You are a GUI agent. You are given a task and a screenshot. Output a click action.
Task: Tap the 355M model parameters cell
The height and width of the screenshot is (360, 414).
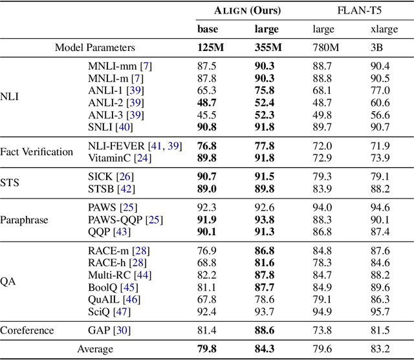point(267,47)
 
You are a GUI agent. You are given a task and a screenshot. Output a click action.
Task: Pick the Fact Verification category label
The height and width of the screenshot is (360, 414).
point(37,152)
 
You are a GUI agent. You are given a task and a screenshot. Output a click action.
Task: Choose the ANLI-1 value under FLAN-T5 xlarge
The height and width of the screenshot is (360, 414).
point(380,90)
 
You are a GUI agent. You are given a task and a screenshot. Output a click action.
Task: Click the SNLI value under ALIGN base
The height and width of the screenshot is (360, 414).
point(208,127)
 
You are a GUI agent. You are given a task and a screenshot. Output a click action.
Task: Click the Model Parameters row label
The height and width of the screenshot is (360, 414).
point(95,47)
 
